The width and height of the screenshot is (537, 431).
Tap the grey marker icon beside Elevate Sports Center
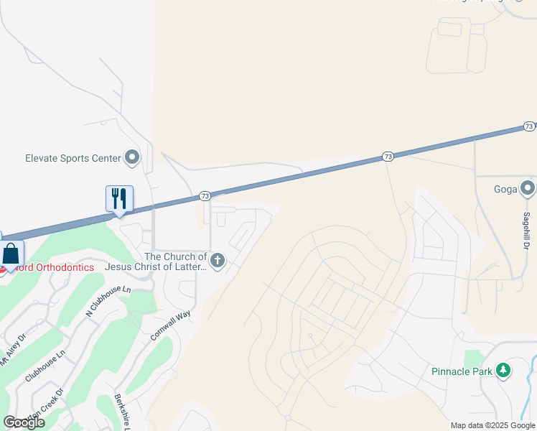coord(132,157)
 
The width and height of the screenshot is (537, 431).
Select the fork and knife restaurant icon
coord(119,199)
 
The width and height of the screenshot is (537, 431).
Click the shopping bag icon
coord(11,255)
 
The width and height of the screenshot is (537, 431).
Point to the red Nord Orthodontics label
coord(55,267)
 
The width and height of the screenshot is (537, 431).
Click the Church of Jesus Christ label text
coord(156,261)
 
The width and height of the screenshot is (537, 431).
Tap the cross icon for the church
coord(217,261)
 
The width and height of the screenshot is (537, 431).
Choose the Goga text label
coord(505,190)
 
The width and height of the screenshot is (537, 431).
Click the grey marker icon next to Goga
coord(528,189)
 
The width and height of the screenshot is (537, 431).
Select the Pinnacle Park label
coord(462,371)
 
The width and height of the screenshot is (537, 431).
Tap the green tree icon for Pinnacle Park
coord(504,371)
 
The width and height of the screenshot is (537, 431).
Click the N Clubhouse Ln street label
coord(108,300)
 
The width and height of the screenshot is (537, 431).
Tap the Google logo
coord(24,422)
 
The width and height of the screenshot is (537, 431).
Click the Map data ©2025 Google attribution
coord(492,425)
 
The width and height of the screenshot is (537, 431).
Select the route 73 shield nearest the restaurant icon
coord(205,195)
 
